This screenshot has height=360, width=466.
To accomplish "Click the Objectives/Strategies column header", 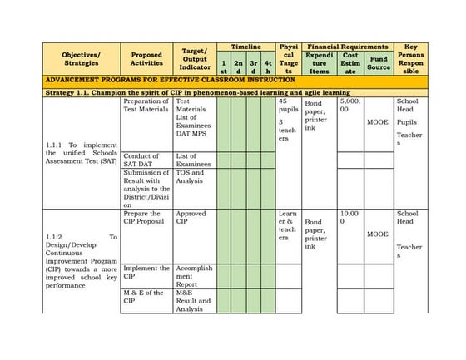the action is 82,59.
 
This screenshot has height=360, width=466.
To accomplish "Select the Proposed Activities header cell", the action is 147,59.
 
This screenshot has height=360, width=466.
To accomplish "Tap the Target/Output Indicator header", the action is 194,59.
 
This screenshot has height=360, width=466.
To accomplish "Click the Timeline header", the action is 246,47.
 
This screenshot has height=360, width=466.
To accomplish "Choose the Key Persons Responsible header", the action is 410,59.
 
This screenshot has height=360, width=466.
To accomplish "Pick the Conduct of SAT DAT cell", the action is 146,160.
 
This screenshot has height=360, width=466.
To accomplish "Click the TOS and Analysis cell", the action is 195,177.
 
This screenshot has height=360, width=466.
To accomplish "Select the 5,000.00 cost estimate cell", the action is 349,106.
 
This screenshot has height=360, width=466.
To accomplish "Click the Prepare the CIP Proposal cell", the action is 146,218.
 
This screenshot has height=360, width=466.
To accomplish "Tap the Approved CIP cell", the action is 195,218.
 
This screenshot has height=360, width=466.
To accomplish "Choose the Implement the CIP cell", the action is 146,273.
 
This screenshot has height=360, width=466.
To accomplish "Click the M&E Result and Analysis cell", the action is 195,301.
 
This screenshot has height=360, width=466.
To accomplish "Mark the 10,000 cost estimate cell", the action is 349,218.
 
